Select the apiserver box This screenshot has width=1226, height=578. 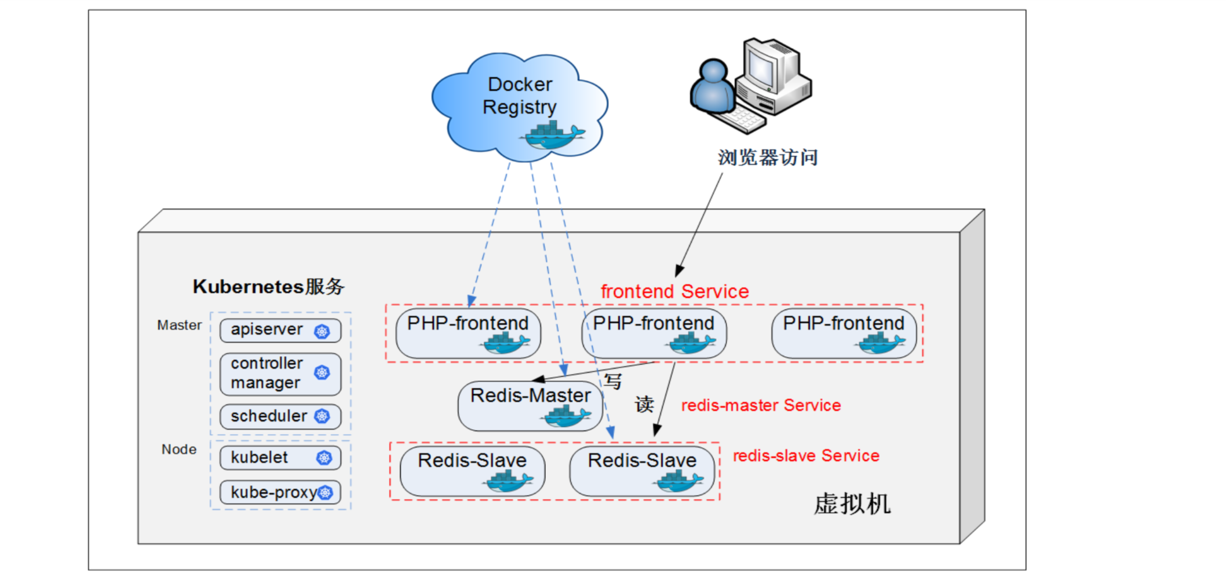tap(280, 330)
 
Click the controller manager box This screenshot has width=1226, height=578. tap(280, 374)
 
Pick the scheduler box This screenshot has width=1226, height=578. tap(280, 416)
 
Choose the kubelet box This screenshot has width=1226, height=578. tap(280, 458)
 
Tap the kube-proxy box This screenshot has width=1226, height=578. tap(280, 493)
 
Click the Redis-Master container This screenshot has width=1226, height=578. tap(530, 405)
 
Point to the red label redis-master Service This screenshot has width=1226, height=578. tap(761, 405)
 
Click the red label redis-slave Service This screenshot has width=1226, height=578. tap(806, 456)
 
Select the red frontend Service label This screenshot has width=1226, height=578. tap(674, 291)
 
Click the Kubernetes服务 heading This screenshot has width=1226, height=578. tap(268, 287)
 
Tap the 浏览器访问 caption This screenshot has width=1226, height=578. tap(768, 158)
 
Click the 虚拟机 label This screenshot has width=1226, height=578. tap(852, 504)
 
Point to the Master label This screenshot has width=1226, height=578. tap(179, 325)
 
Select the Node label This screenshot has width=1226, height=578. tap(178, 449)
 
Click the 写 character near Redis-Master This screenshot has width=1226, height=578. tap(613, 382)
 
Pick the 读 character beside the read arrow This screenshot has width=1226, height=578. tap(644, 404)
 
